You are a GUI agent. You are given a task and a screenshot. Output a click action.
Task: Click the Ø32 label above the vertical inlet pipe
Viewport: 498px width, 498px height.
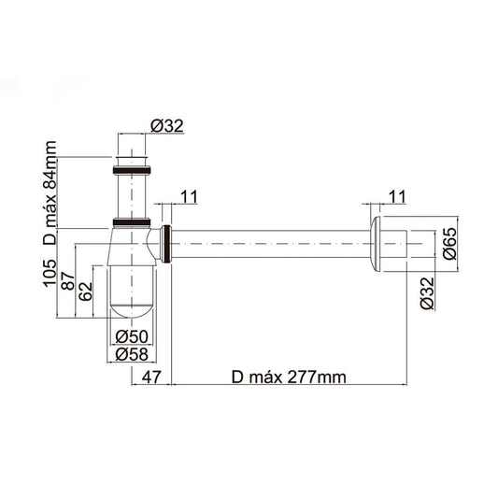[167, 126]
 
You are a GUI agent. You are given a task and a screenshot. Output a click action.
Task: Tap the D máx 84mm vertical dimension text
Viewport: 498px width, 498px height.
[50, 192]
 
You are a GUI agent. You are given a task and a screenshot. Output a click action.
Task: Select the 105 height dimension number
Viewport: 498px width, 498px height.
[50, 273]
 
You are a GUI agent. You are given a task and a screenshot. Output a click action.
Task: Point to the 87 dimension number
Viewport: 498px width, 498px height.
[68, 280]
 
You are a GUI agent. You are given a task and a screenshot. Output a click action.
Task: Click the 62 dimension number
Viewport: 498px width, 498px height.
[86, 292]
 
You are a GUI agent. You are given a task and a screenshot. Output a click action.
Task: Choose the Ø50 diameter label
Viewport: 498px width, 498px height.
[132, 336]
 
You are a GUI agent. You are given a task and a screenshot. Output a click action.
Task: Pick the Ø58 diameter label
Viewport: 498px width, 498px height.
[132, 354]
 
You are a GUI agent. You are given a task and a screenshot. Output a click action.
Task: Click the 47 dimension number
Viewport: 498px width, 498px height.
[151, 377]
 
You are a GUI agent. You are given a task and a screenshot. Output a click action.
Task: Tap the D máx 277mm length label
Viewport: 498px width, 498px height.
[289, 377]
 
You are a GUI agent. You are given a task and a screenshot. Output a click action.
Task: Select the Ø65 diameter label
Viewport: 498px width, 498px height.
[449, 244]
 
